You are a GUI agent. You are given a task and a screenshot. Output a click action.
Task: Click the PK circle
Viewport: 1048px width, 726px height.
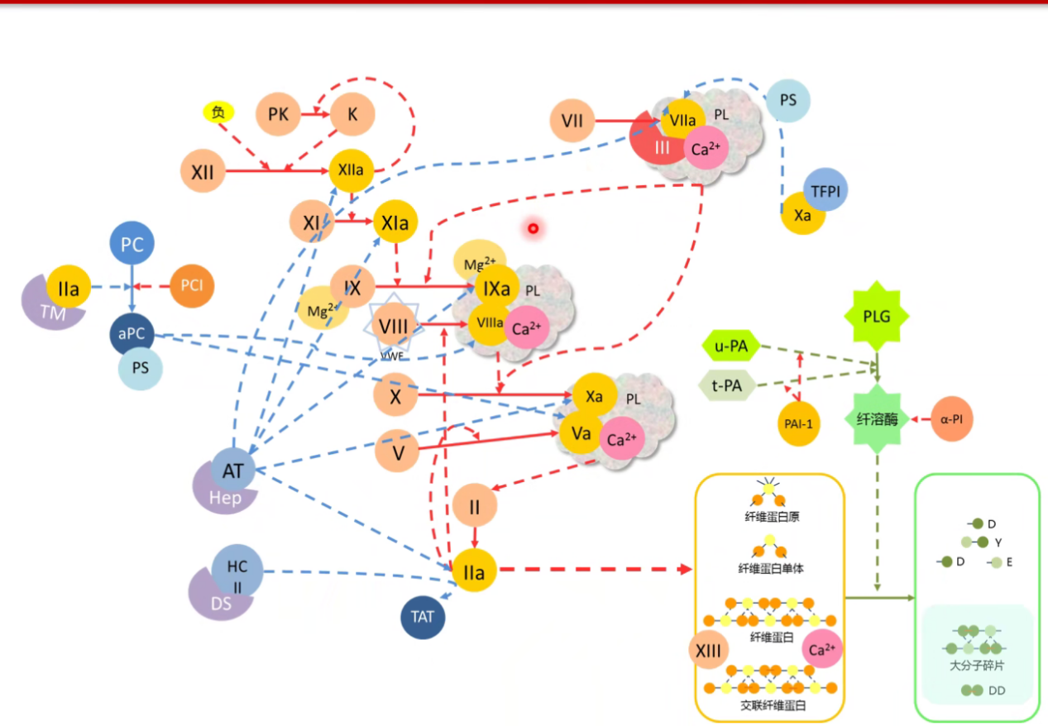point(279,115)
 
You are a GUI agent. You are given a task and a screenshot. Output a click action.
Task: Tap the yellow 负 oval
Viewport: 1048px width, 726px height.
point(218,112)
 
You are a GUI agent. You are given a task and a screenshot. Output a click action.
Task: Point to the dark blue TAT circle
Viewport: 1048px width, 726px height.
point(423,617)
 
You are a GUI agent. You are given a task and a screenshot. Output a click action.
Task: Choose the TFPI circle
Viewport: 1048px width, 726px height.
point(825,190)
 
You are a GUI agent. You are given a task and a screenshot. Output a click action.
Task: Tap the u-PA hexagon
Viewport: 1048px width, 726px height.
point(730,346)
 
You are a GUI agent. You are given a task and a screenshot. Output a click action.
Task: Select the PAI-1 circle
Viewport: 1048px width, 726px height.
point(799,424)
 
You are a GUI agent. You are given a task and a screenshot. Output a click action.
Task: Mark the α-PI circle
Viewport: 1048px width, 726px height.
point(951,419)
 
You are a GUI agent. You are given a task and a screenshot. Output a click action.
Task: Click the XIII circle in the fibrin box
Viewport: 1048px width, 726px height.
point(709,650)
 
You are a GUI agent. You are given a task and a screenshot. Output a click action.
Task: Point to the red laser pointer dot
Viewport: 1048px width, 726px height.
point(534,227)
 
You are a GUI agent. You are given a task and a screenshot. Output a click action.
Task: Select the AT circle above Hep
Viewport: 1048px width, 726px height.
point(233,470)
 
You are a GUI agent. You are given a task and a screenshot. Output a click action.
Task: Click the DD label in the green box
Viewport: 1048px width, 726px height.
point(996,690)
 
